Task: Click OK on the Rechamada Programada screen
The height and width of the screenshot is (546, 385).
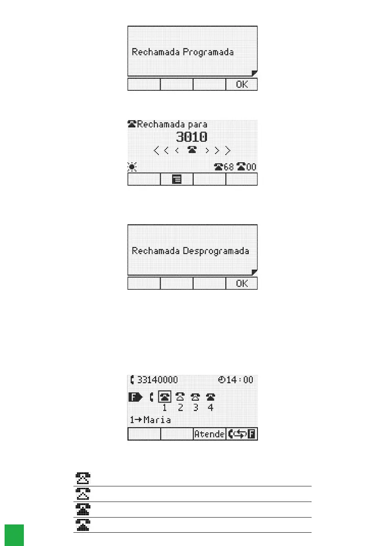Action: click(x=241, y=85)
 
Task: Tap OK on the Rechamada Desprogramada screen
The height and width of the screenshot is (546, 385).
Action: click(x=241, y=284)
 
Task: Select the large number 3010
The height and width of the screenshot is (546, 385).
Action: click(x=192, y=137)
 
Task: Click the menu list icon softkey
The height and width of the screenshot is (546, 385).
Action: click(x=176, y=180)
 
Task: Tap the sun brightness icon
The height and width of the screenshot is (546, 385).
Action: click(x=132, y=167)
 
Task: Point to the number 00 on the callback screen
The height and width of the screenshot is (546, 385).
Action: click(x=251, y=167)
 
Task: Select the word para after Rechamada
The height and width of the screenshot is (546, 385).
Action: click(x=196, y=124)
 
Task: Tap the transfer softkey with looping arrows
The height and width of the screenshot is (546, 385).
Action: click(x=241, y=434)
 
